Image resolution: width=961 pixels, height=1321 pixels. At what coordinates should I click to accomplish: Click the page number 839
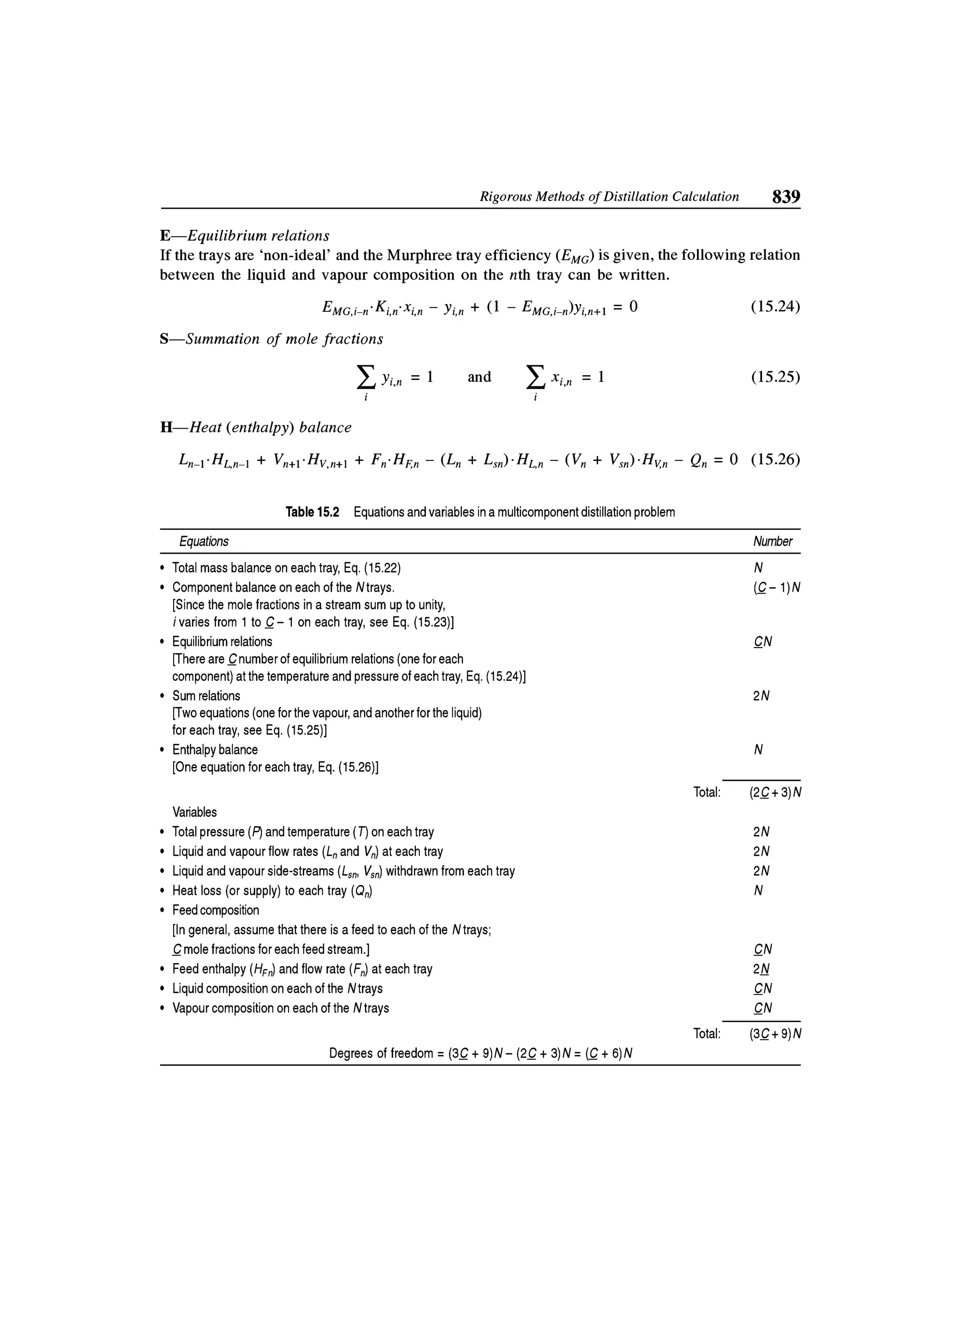click(786, 197)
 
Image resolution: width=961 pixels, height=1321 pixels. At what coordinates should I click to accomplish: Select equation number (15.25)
click(775, 377)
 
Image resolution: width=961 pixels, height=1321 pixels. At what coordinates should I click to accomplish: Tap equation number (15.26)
click(775, 460)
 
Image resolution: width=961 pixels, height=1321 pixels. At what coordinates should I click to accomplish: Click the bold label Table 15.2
click(312, 512)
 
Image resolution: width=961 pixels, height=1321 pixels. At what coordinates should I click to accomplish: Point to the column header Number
click(772, 542)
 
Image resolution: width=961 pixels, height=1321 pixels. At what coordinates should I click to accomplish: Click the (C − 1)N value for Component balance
click(776, 588)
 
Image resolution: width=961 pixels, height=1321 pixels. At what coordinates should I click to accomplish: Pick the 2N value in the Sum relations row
click(761, 696)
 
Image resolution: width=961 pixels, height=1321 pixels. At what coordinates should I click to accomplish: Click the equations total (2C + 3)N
click(776, 793)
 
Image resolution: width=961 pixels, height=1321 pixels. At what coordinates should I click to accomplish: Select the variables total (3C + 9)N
click(776, 1034)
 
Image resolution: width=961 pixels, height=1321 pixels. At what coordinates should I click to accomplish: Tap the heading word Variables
click(195, 812)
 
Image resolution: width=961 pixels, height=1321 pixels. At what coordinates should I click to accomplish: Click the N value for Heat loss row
click(758, 891)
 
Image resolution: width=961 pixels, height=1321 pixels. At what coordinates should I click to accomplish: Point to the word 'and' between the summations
click(479, 377)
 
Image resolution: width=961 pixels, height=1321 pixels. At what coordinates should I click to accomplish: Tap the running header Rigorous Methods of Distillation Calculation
click(609, 197)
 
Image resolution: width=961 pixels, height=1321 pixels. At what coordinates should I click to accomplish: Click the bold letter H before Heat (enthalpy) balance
click(167, 428)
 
